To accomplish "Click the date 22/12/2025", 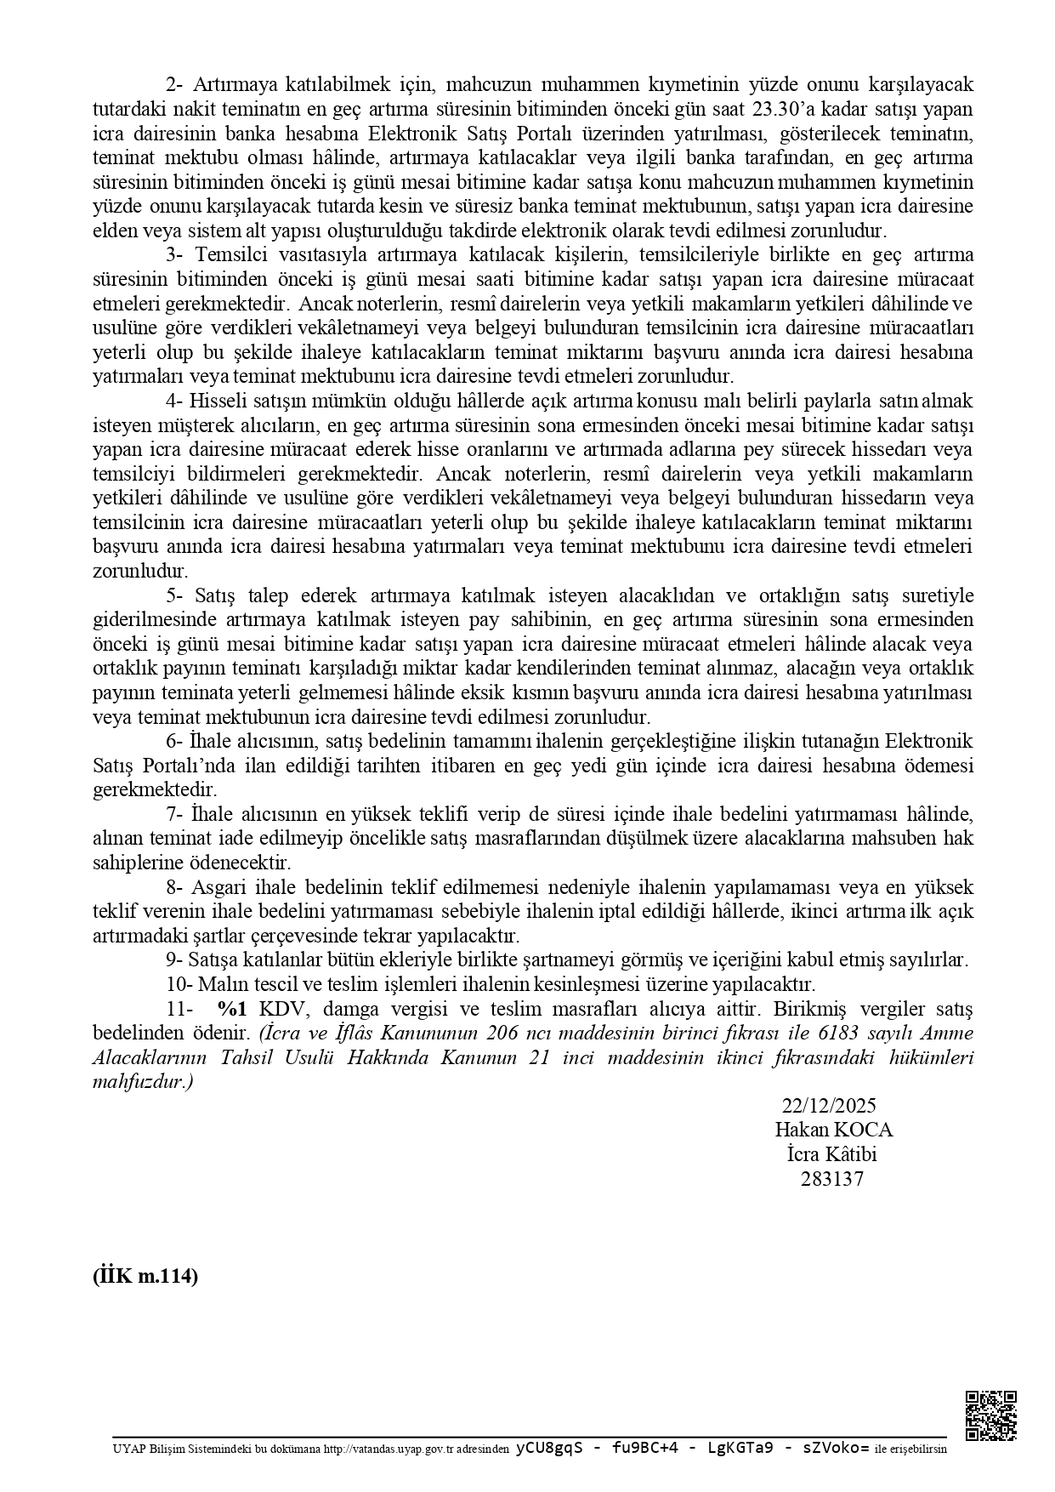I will [829, 1105].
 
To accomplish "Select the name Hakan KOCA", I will [833, 1130].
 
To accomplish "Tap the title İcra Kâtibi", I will [831, 1154].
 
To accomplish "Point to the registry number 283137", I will [831, 1179].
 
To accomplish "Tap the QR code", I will [991, 1415].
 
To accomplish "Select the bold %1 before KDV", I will [232, 1009].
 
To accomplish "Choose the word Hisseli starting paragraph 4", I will [219, 400].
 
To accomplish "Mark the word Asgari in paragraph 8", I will [219, 887].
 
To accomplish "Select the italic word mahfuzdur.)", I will [143, 1083].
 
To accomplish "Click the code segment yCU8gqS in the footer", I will [548, 1447].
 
